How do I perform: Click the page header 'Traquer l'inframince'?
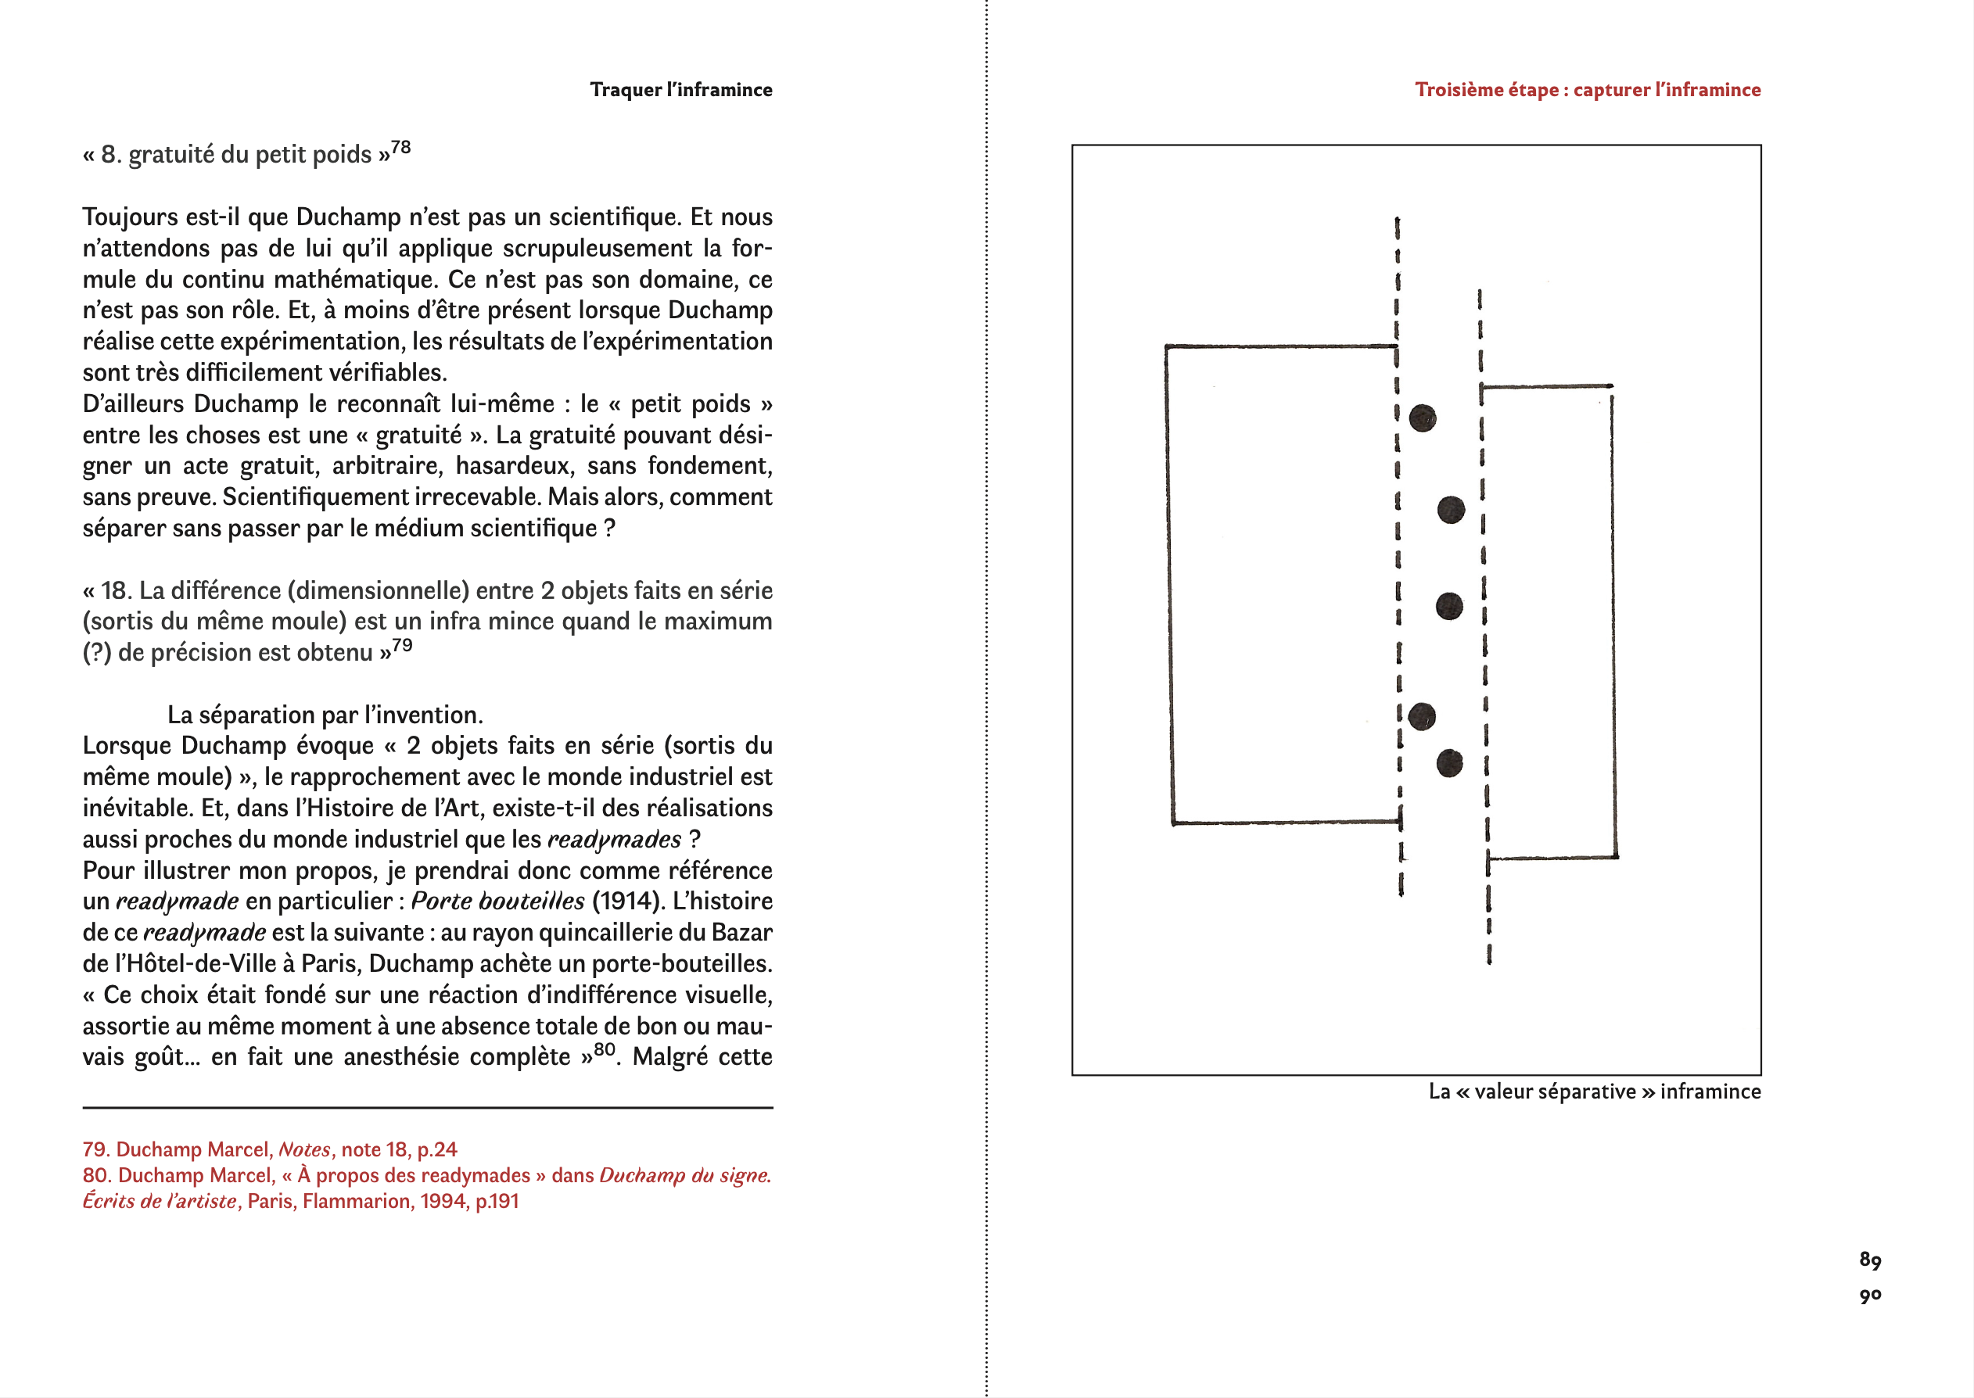click(x=680, y=90)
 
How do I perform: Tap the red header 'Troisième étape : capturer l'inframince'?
click(x=1587, y=90)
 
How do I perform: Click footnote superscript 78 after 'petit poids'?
click(x=400, y=148)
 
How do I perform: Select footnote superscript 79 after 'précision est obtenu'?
click(x=402, y=646)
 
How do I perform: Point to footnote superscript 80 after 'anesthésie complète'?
click(x=605, y=1049)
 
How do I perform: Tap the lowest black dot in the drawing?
click(x=1450, y=762)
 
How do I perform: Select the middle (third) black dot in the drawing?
click(x=1450, y=606)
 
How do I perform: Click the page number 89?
click(x=1870, y=1260)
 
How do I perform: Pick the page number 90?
click(x=1870, y=1295)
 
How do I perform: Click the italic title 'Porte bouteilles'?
click(x=497, y=902)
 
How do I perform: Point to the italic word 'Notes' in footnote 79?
click(x=305, y=1149)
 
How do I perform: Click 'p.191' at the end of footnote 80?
click(x=497, y=1201)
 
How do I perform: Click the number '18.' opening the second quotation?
click(x=115, y=590)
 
